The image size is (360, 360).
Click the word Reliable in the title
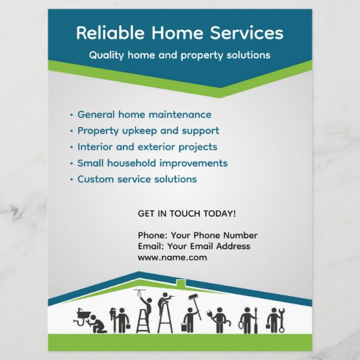pos(104,33)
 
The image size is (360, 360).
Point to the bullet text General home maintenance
pos(144,115)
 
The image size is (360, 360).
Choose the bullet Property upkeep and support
pos(148,130)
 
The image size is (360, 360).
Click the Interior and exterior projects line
pos(147,147)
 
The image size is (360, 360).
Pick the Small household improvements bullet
pos(152,163)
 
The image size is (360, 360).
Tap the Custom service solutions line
pos(137,179)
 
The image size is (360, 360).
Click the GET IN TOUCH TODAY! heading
pos(187,213)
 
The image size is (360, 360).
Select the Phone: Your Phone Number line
pos(197,236)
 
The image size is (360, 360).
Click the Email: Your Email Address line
pos(194,247)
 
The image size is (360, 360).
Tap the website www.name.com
pos(172,258)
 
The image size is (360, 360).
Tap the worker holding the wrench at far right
pos(274,320)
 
